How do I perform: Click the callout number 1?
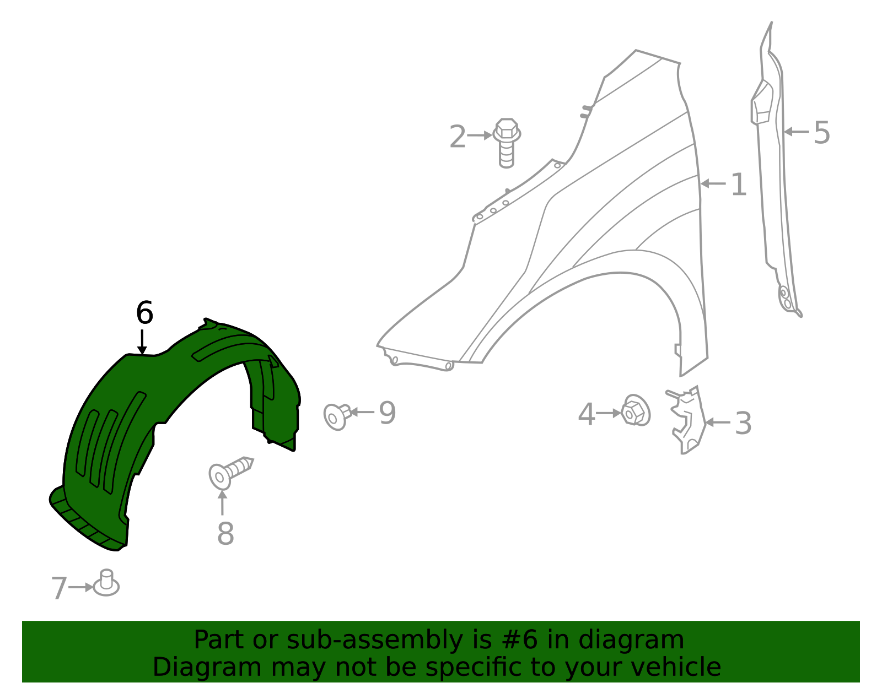739,185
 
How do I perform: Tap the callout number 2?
457,137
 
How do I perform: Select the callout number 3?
743,424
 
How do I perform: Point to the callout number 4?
586,414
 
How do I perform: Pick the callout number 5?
821,133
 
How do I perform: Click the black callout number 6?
144,313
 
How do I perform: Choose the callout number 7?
58,588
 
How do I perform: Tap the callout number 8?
225,534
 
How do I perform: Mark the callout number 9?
387,413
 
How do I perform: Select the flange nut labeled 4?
636,411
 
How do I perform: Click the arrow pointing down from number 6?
142,342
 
